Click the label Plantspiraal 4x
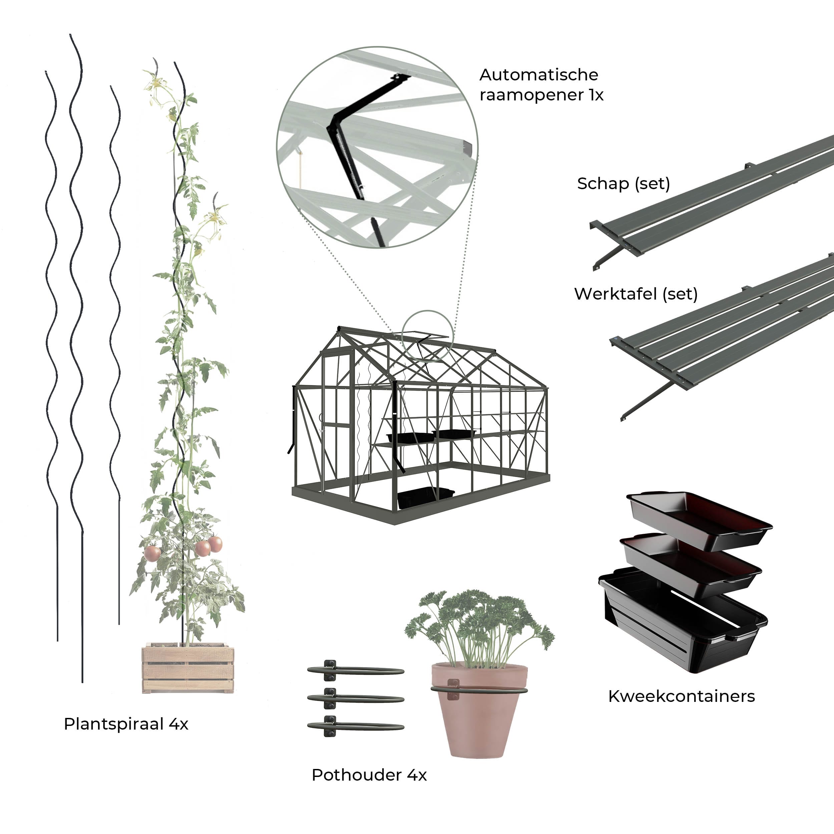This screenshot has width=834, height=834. click(126, 724)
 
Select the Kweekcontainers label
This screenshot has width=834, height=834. click(681, 696)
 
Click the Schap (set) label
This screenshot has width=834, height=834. click(623, 184)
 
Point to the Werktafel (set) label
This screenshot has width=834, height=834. click(636, 294)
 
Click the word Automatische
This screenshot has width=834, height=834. click(539, 75)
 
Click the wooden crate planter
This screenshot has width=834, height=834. click(188, 669)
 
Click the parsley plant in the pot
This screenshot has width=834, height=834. click(479, 621)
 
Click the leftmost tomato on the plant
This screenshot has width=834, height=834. click(152, 553)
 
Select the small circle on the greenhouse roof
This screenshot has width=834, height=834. click(427, 335)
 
